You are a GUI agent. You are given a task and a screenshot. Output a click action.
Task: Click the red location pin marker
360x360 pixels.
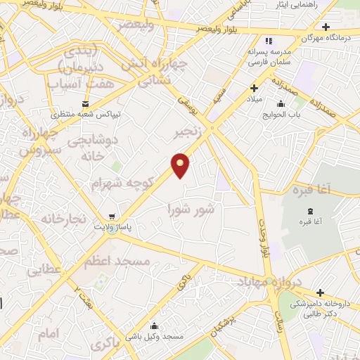coord(181,165)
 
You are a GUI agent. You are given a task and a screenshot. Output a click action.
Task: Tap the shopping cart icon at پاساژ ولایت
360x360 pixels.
coord(110,217)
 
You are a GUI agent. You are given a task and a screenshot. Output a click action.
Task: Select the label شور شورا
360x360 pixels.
coord(190,209)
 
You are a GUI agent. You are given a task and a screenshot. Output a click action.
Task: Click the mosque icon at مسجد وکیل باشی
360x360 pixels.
coord(153,326)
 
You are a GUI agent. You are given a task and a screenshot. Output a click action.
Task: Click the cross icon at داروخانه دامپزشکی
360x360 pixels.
coord(320,292)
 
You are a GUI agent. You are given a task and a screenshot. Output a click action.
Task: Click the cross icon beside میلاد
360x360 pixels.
coord(255,88)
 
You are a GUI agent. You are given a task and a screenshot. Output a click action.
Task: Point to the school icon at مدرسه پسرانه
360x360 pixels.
coord(269,41)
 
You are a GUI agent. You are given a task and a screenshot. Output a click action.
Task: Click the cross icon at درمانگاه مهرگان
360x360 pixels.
coord(326,27)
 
